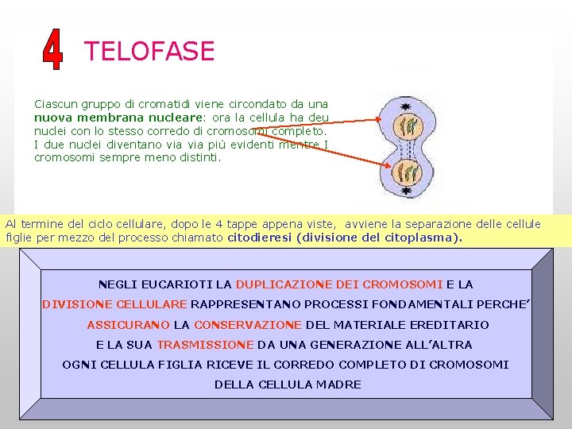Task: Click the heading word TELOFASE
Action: click(x=149, y=52)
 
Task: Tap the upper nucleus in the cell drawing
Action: click(x=407, y=126)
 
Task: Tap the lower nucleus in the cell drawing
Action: click(x=407, y=172)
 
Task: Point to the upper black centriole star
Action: click(x=406, y=105)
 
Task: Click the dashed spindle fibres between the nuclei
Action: click(x=407, y=149)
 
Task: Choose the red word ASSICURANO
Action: click(x=128, y=325)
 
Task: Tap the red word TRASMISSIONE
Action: click(x=205, y=345)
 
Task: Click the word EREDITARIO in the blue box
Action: click(x=449, y=325)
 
